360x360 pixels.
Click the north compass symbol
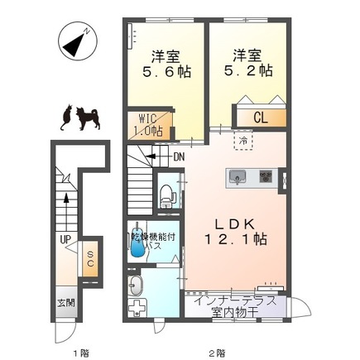[78, 41]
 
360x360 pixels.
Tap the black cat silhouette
[67, 117]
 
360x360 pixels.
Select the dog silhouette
[88, 119]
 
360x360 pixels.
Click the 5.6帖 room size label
[166, 72]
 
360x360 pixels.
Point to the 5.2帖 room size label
[247, 70]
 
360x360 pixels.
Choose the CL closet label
[261, 118]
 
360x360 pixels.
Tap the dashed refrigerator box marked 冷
[243, 141]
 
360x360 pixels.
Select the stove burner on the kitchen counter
[266, 176]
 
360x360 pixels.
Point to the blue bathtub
[137, 242]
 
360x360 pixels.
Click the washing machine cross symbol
[138, 307]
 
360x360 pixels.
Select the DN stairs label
[179, 157]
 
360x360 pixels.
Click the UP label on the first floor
[65, 239]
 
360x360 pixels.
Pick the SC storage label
[90, 259]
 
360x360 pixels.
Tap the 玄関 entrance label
[66, 303]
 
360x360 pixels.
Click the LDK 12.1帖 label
[235, 232]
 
